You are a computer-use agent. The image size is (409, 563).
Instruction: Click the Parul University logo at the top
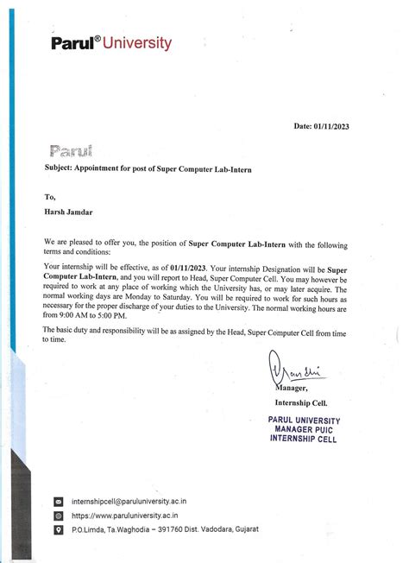click(123, 42)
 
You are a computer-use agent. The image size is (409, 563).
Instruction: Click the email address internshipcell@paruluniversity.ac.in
click(130, 501)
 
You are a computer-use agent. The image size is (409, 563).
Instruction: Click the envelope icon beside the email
click(59, 501)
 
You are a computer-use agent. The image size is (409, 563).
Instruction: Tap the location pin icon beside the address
click(59, 528)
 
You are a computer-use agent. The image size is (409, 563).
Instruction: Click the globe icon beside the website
click(59, 515)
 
